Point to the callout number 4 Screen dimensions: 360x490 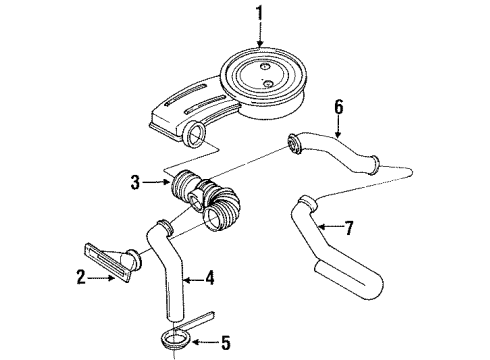click(x=210, y=279)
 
